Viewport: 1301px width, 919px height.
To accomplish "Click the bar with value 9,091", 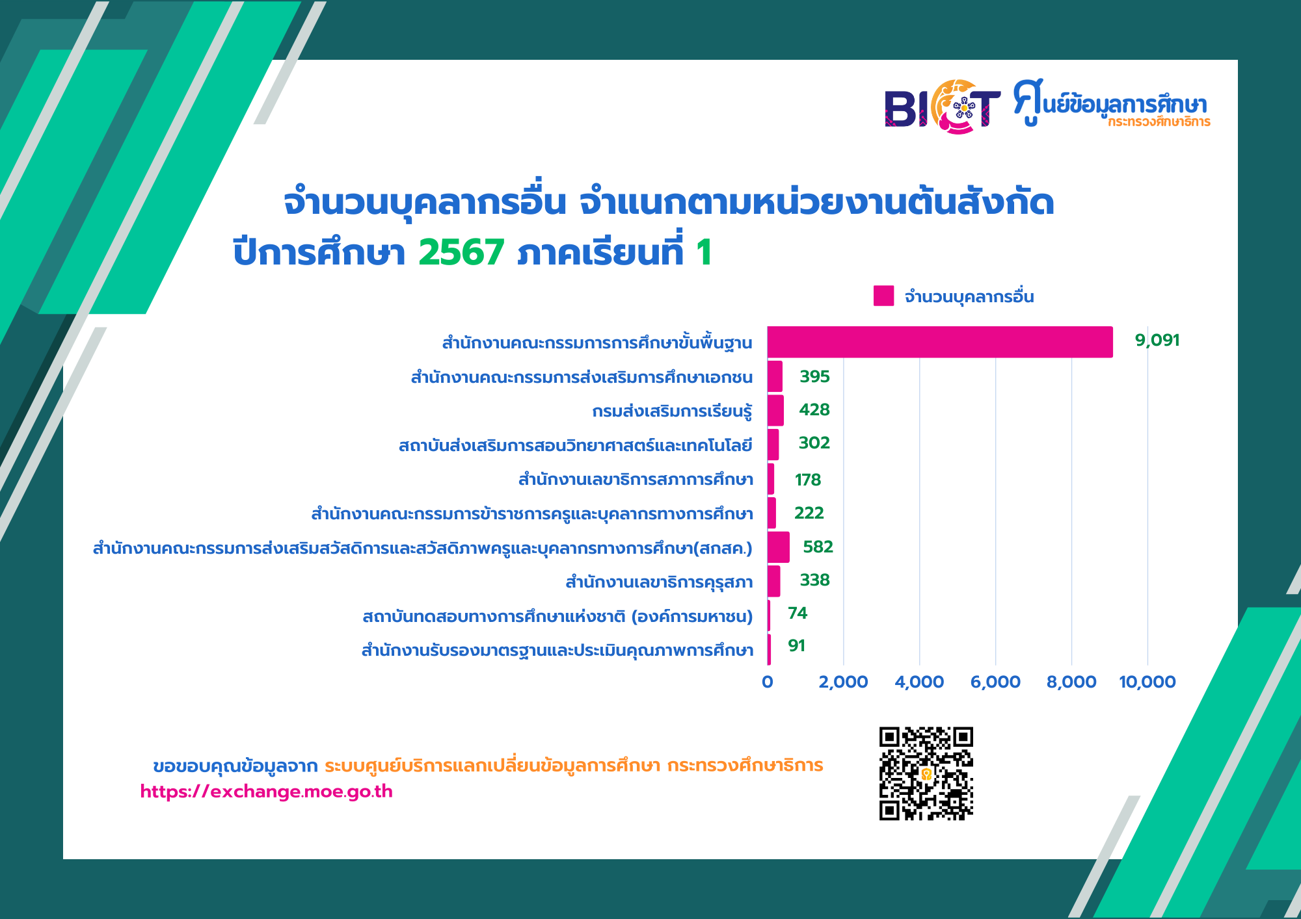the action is (940, 342).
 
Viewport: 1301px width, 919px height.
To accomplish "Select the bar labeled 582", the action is (779, 547).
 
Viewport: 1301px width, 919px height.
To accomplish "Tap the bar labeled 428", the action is (775, 410).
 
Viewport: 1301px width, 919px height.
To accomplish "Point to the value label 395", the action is (814, 377).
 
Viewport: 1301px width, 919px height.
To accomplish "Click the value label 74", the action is (798, 614).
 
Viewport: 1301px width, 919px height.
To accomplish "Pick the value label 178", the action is (808, 480).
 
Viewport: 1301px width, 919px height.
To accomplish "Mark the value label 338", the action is (814, 580).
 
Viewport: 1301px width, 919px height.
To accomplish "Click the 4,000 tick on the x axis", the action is (919, 682).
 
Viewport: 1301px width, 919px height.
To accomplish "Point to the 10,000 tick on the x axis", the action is (1147, 682).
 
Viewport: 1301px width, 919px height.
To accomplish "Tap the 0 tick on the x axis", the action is (768, 682).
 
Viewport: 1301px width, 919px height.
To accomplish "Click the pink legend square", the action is (883, 296).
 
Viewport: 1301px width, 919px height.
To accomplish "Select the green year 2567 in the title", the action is (461, 252).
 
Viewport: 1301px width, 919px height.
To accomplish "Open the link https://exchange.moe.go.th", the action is (267, 792).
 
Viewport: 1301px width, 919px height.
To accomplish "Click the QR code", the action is (926, 773).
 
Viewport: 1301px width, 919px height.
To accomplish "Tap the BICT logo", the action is (942, 107).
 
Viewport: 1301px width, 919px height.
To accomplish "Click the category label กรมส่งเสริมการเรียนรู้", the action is (672, 411).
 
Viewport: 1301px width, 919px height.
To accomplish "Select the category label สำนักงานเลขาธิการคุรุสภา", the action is (659, 582).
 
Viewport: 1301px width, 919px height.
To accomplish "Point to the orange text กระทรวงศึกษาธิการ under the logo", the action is (1159, 122).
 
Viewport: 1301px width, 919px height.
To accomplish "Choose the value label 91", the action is (797, 646).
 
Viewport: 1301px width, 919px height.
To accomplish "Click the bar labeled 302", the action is (773, 445).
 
